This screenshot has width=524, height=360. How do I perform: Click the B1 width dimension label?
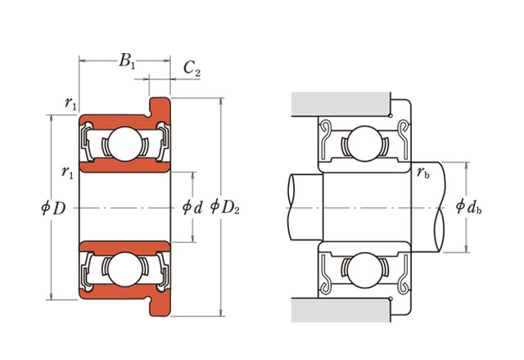[127, 61]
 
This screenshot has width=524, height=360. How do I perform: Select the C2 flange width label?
[191, 71]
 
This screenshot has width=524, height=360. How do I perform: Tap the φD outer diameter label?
[53, 208]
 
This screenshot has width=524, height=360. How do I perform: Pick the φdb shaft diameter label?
[468, 207]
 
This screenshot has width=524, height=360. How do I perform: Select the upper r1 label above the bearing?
[71, 103]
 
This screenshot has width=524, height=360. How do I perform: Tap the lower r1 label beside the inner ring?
[68, 172]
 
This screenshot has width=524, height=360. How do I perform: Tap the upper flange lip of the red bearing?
[160, 106]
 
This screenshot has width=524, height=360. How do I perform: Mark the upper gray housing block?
[340, 104]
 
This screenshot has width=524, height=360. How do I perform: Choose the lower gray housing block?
[340, 310]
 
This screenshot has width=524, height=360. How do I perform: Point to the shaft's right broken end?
[441, 207]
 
